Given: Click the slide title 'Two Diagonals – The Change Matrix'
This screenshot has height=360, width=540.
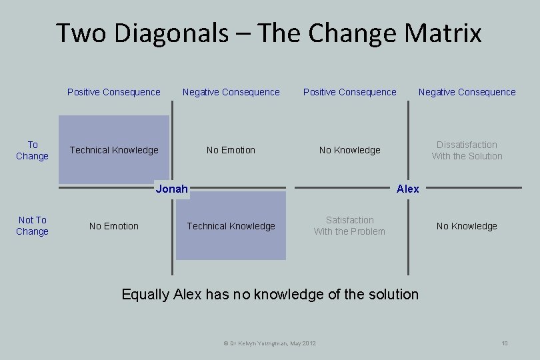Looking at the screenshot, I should click(269, 33).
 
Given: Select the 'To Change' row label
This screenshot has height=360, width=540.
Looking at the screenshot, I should click(32, 150).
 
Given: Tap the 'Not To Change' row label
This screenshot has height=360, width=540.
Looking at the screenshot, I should click(32, 225).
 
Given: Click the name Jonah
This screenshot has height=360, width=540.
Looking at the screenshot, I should click(171, 189).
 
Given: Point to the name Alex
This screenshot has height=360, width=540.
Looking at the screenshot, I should click(407, 189).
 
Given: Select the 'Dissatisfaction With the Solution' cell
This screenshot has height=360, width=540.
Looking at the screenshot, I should click(467, 150).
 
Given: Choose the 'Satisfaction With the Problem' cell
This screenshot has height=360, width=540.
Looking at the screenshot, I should click(349, 225).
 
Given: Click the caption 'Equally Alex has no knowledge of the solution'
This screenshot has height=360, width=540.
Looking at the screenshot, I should click(270, 294).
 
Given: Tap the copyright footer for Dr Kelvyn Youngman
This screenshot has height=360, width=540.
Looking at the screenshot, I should click(269, 343).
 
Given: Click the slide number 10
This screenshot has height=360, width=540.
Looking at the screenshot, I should click(505, 343).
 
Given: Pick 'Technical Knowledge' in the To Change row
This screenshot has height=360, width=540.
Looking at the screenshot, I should click(114, 150).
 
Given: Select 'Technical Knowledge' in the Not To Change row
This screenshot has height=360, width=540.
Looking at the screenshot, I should click(231, 226).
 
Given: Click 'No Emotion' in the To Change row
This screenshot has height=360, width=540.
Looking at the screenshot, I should click(231, 150).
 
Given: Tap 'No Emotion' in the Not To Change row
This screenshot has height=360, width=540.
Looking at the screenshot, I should click(114, 226).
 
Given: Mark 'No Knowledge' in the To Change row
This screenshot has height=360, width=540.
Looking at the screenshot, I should click(349, 150).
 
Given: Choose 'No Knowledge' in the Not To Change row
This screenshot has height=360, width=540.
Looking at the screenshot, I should click(467, 226).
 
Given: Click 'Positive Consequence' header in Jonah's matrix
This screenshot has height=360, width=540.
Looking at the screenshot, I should click(114, 92).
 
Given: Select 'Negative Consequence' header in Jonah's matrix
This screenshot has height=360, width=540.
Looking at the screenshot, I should click(231, 92).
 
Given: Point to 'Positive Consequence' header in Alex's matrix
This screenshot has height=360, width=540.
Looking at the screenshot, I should click(349, 92).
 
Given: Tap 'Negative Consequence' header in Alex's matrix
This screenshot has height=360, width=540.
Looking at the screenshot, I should click(467, 92).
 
